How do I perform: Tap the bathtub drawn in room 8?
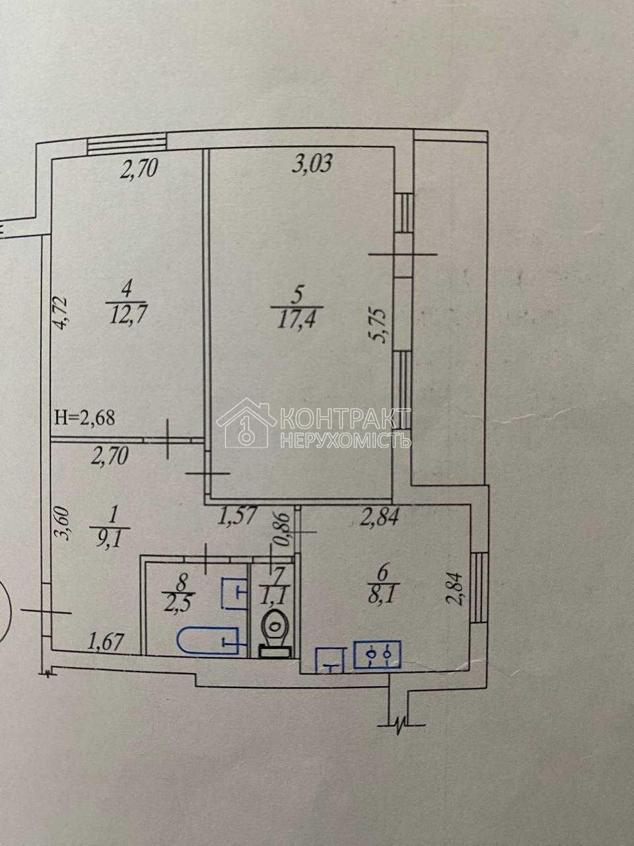click(211, 641)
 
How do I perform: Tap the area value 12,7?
click(127, 318)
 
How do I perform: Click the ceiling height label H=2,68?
click(85, 418)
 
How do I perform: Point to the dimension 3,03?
click(312, 164)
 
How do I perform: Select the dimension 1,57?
click(236, 516)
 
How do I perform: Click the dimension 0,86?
click(284, 529)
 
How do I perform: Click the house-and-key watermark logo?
click(246, 423)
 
